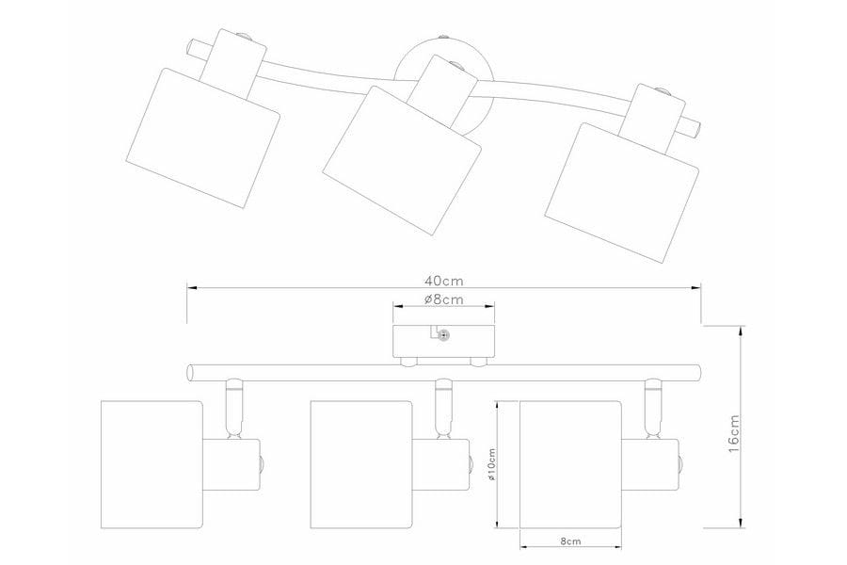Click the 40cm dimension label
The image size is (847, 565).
[x=443, y=281]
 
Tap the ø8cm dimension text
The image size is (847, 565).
[x=443, y=299]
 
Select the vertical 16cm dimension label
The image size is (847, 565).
[x=733, y=433]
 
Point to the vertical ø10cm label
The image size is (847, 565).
[x=491, y=465]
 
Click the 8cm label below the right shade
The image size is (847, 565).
[x=570, y=541]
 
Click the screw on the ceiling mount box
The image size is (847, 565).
[x=443, y=335]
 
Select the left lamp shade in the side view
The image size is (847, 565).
[x=152, y=464]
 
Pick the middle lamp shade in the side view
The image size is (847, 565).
[x=361, y=464]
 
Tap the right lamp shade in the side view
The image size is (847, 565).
[x=570, y=464]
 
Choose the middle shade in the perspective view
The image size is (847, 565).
[x=402, y=161]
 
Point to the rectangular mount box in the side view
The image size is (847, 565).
[x=443, y=341]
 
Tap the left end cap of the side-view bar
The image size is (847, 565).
[x=189, y=373]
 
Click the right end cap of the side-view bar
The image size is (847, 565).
[x=698, y=373]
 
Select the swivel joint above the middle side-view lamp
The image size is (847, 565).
[x=443, y=408]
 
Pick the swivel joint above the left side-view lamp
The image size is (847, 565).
[x=234, y=408]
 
